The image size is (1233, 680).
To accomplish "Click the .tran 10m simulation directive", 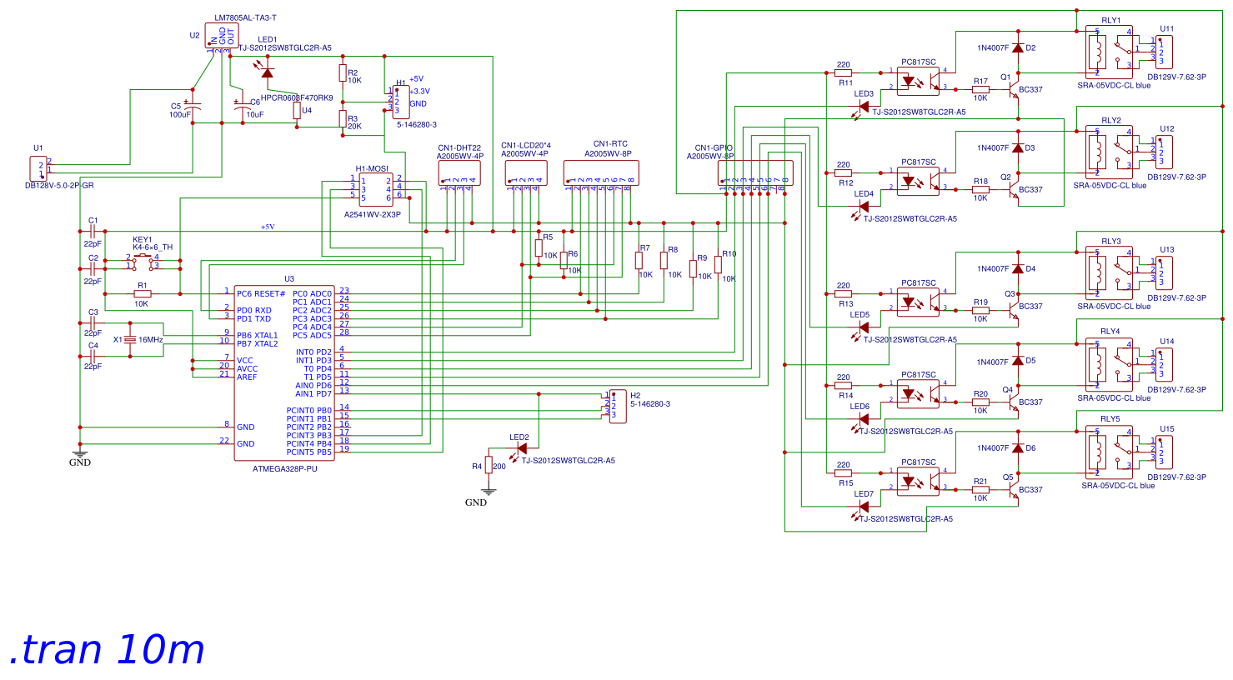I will click(x=107, y=650).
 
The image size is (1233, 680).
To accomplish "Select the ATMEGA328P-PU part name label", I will click(x=284, y=469).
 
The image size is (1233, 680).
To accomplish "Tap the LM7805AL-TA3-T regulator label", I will click(x=245, y=17).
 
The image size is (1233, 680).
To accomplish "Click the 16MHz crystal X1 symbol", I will click(x=130, y=340).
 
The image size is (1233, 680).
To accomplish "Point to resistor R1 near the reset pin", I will click(x=143, y=293).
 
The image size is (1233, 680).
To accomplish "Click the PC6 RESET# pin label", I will click(x=260, y=293).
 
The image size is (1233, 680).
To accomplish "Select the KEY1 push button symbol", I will click(x=143, y=262).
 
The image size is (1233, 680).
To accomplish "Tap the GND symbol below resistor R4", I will click(x=476, y=497).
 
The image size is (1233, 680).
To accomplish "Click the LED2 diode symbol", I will click(x=521, y=448).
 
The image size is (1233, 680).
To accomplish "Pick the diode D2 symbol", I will click(x=1017, y=48).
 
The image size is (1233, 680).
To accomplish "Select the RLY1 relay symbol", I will click(x=1110, y=52).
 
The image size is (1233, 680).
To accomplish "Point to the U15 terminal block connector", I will click(x=1165, y=452).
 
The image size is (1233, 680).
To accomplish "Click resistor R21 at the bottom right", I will click(x=980, y=490).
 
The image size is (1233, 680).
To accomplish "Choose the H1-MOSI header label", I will click(x=372, y=169).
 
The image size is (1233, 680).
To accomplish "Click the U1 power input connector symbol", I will click(x=38, y=169).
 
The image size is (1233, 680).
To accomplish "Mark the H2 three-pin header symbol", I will click(x=618, y=407).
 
